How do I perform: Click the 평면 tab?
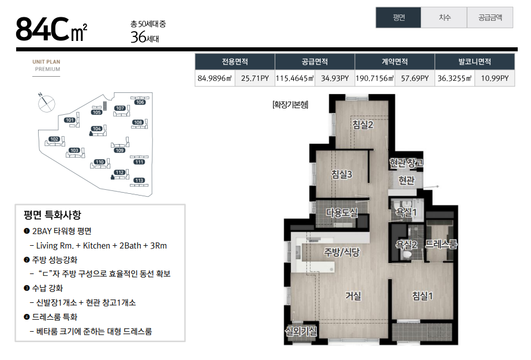tap(398, 17)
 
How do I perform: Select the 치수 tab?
tap(444, 17)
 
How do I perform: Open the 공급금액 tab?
tap(490, 17)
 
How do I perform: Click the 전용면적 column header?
tap(235, 62)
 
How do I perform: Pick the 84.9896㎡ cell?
tap(215, 78)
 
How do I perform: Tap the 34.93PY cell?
tap(335, 78)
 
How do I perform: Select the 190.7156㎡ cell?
tap(375, 78)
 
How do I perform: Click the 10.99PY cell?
tap(495, 78)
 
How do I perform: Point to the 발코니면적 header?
tap(474, 62)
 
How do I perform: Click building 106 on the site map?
tap(140, 102)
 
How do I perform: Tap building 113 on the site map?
tap(139, 181)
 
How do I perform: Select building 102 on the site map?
tap(54, 139)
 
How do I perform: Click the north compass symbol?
tap(46, 103)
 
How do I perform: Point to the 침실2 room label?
tap(362, 125)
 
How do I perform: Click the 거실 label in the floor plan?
tap(353, 296)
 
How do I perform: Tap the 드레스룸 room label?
tap(441, 244)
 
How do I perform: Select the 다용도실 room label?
tap(342, 212)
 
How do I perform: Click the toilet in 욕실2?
tap(407, 254)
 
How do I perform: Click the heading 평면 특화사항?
tap(53, 215)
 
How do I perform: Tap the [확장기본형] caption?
tap(290, 104)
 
